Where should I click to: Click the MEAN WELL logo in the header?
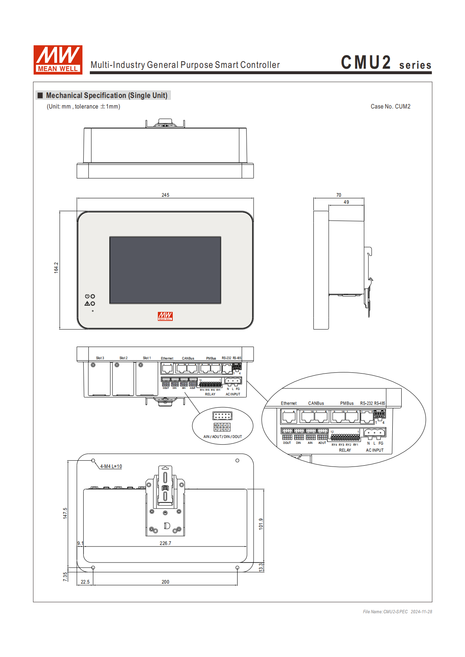[x=58, y=59]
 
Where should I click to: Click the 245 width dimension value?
[x=165, y=195]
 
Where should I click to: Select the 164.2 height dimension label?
[x=56, y=267]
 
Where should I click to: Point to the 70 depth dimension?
[x=338, y=195]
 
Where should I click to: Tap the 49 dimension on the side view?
[x=346, y=202]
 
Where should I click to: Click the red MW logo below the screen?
[x=165, y=316]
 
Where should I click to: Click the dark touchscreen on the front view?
[x=165, y=270]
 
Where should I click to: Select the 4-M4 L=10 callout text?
[x=111, y=466]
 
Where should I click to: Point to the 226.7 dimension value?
[x=165, y=543]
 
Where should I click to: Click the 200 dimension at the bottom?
[x=165, y=582]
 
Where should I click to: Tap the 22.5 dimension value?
[x=85, y=582]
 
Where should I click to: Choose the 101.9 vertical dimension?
[x=261, y=524]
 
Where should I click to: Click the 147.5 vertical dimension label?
[x=65, y=513]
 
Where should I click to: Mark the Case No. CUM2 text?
[x=390, y=106]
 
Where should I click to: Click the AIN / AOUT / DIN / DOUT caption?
[x=222, y=436]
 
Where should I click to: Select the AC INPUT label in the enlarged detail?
[x=374, y=450]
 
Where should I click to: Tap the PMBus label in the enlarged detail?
[x=347, y=403]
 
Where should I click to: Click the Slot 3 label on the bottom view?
[x=100, y=358]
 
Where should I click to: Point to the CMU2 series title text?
[x=386, y=63]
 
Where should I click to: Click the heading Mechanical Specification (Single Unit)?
[x=106, y=95]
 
